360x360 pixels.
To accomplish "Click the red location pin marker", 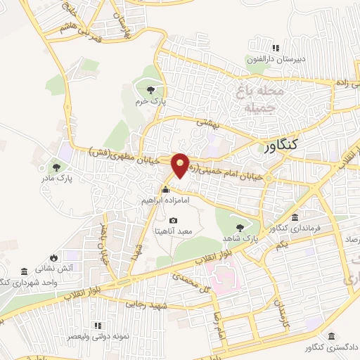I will [181, 165].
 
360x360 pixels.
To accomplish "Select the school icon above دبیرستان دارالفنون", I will [276, 48].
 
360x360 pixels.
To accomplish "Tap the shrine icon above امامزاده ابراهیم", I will [165, 189].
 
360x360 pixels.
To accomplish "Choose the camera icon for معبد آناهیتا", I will [174, 221].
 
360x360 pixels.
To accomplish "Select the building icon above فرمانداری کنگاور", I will [295, 217].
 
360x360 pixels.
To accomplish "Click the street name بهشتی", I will [207, 124].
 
